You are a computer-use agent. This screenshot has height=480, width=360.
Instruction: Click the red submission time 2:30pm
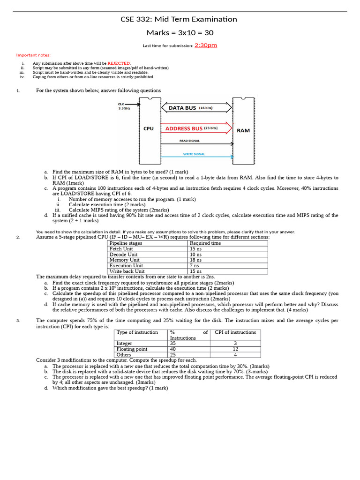[x=206, y=45]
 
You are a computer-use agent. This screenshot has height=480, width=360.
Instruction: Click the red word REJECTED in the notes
[x=119, y=63]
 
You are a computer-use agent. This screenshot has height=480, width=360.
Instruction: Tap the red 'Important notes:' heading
[x=33, y=55]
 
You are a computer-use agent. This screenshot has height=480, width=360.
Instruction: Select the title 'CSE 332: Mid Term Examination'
[x=179, y=19]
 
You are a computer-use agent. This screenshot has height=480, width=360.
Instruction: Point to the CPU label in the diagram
[x=148, y=128]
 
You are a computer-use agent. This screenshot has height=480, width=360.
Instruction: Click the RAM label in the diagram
[x=243, y=131]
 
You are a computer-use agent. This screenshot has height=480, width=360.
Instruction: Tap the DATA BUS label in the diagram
[x=182, y=108]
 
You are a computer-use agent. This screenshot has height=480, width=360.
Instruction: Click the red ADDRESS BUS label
[x=184, y=128]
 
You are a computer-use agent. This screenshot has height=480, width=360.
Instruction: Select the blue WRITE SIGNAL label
[x=194, y=154]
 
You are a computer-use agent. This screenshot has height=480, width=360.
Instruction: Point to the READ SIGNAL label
[x=189, y=141]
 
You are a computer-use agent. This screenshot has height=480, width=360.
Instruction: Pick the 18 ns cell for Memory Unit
[x=195, y=260]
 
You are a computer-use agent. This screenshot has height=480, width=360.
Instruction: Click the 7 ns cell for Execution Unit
[x=194, y=266]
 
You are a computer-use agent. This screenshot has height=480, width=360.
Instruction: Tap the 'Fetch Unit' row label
[x=121, y=249]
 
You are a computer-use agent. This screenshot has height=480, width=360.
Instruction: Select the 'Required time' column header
[x=205, y=243]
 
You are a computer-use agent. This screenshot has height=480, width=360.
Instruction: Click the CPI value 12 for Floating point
[x=235, y=349]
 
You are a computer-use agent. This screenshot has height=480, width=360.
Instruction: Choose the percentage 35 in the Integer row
[x=173, y=344]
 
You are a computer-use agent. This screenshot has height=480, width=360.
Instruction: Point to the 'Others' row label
[x=124, y=355]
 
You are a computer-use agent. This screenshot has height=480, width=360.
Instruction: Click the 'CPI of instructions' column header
[x=235, y=332]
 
